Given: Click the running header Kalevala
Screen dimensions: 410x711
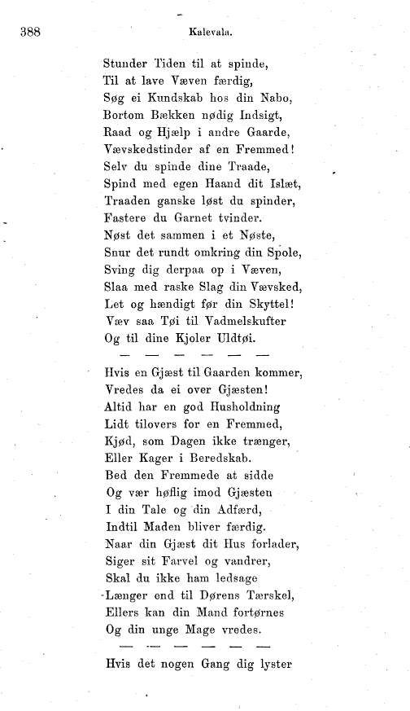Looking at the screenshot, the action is pyautogui.click(x=211, y=34).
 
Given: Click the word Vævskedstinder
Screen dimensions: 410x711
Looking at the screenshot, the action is pyautogui.click(x=152, y=151).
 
